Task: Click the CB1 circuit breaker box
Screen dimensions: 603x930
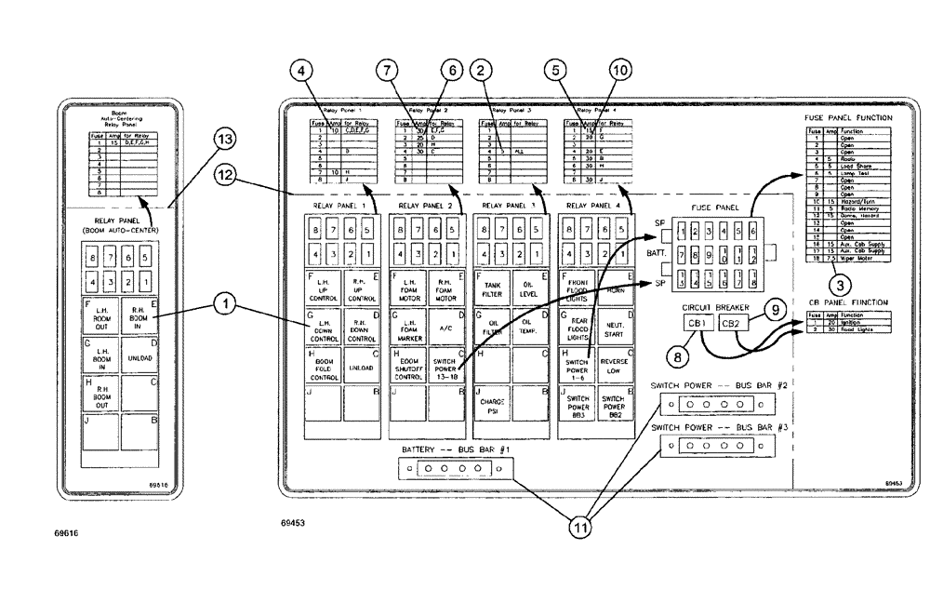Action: (x=697, y=324)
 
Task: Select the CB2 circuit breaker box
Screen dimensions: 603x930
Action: (x=733, y=324)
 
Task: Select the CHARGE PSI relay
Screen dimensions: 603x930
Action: (x=492, y=406)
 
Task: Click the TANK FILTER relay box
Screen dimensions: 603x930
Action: (x=492, y=288)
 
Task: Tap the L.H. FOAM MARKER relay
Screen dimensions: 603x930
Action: (x=408, y=328)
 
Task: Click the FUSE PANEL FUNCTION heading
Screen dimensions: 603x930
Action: (x=848, y=118)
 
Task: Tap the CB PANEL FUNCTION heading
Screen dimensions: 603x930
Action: (x=848, y=302)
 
